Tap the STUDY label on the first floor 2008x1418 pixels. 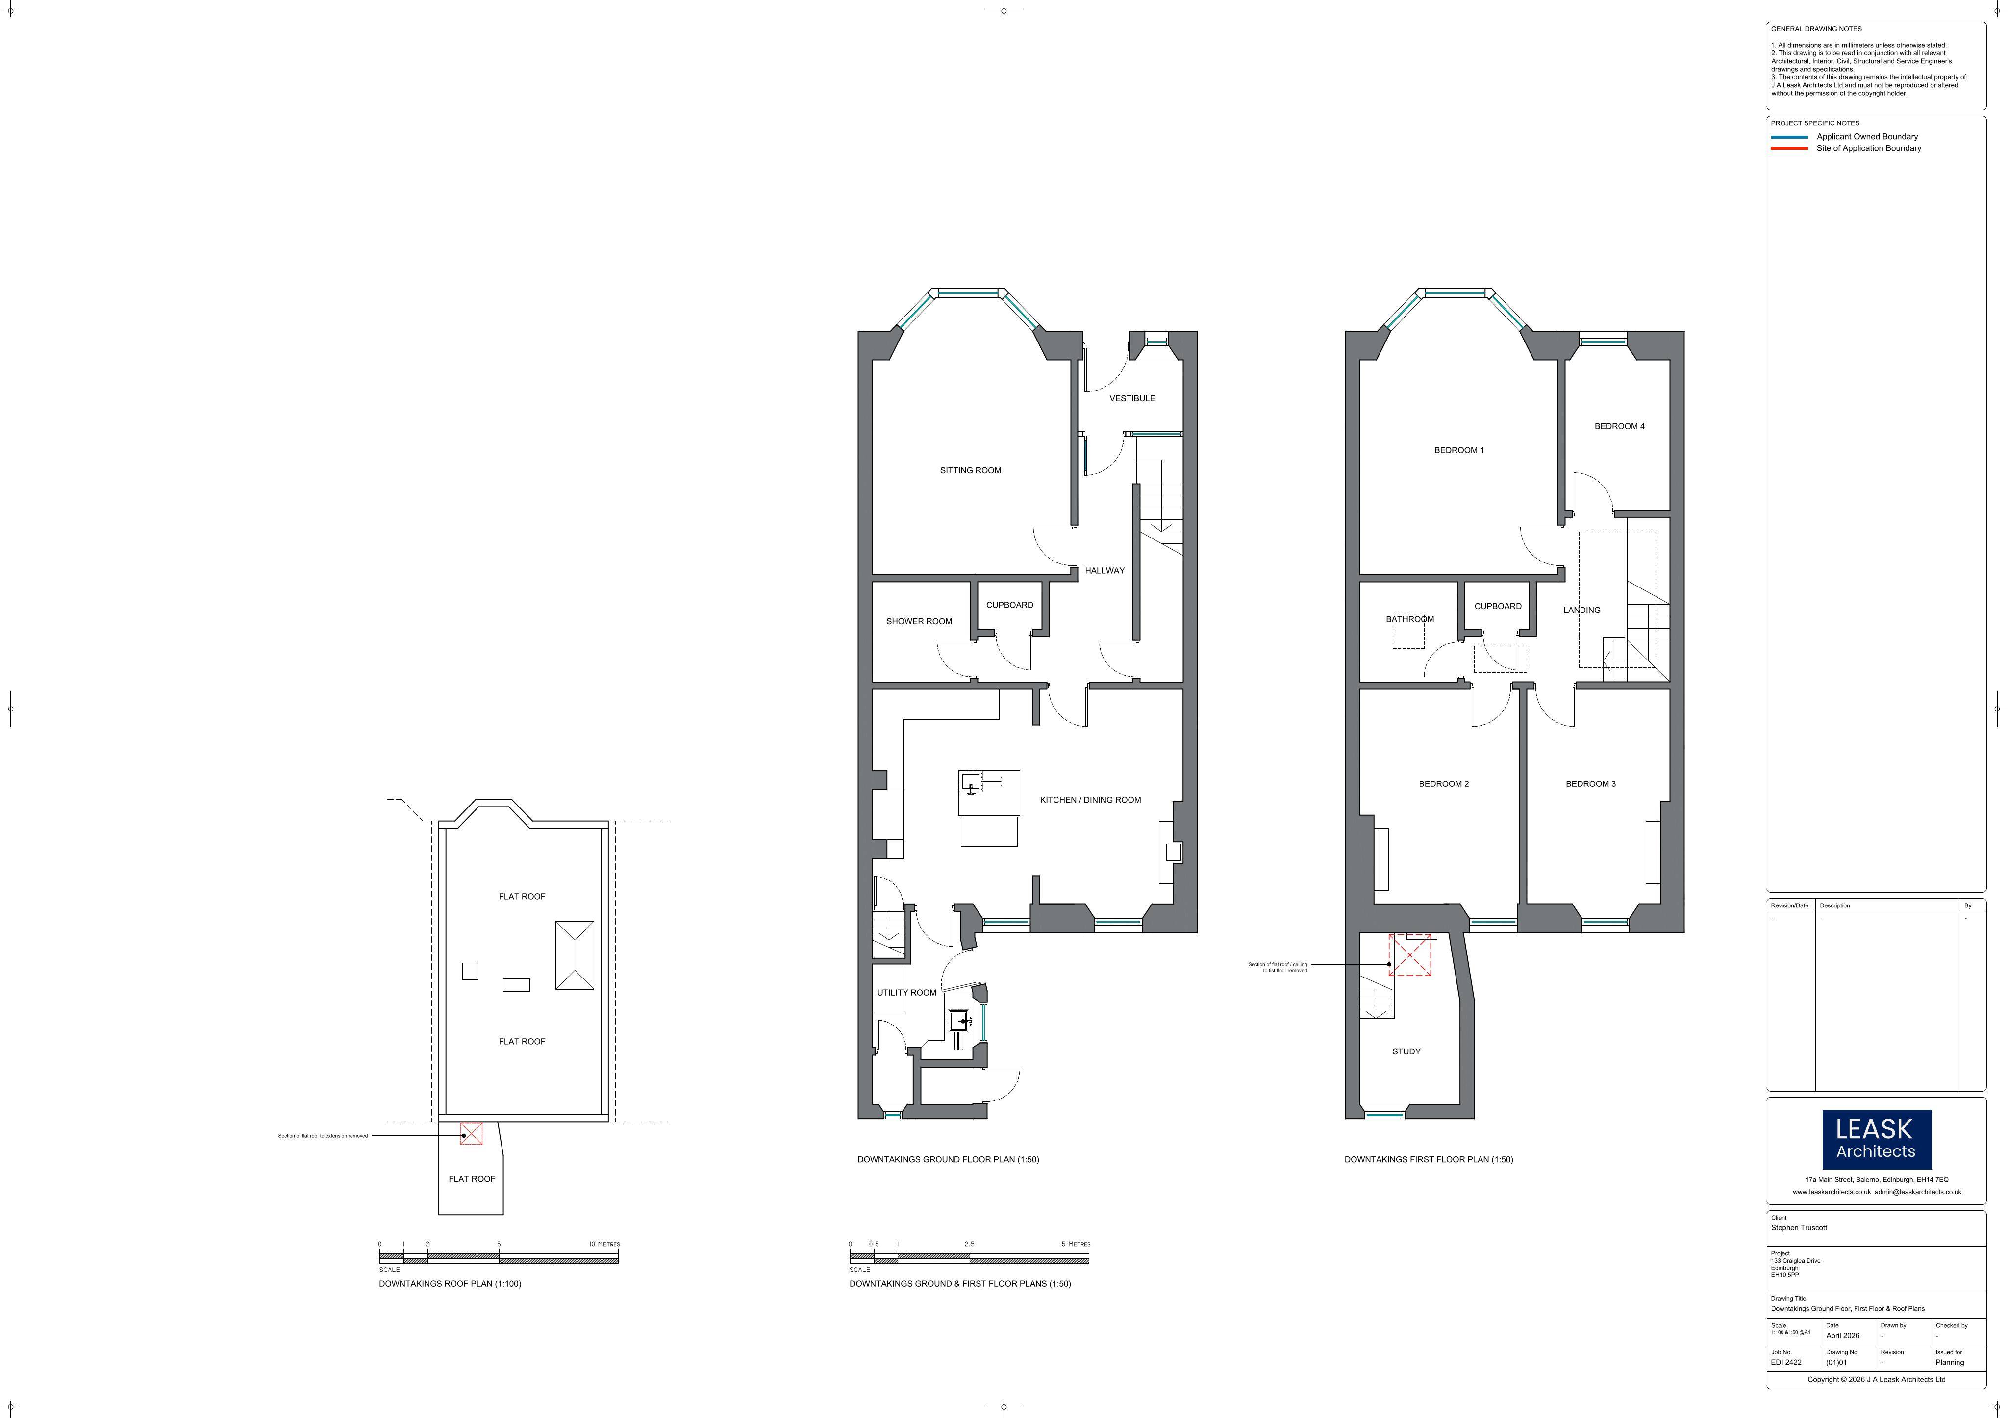(1406, 1051)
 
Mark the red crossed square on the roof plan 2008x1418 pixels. (472, 1134)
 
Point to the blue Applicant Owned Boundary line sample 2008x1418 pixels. (1789, 137)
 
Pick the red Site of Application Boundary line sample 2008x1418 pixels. (1789, 148)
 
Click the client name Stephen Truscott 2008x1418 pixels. (1799, 1228)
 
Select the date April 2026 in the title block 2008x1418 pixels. (1843, 1336)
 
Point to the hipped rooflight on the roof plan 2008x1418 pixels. (575, 955)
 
